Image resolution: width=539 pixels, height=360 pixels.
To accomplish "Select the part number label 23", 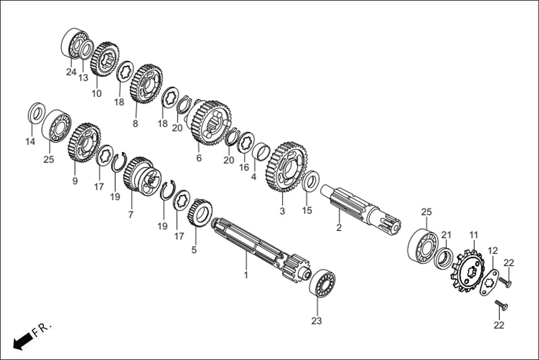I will (317, 321).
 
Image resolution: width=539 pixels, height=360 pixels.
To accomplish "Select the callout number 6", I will (198, 158).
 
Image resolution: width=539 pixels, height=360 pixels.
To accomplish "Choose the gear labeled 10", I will (102, 60).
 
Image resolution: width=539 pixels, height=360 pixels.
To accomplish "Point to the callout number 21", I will (446, 234).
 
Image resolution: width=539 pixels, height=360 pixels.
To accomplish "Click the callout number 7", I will (131, 214).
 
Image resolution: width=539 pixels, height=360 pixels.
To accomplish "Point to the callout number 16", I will (244, 167).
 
